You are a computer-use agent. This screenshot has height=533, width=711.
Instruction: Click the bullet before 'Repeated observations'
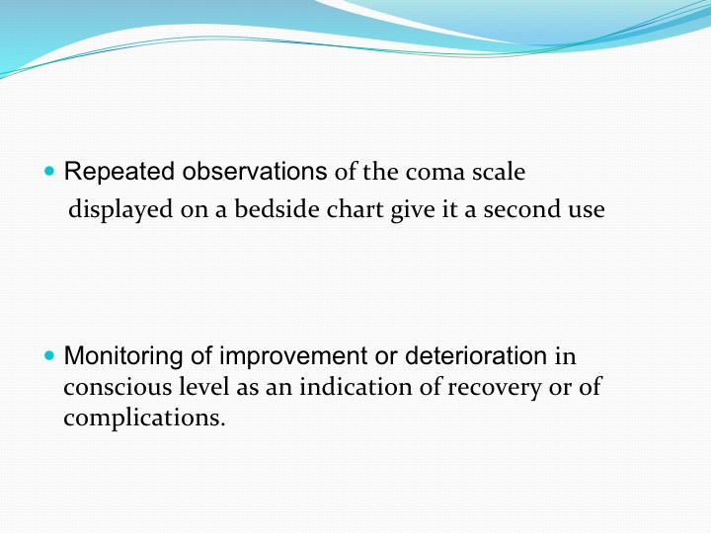49,172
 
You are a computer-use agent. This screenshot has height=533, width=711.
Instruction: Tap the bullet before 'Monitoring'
49,355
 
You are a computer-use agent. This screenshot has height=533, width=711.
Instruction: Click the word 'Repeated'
119,172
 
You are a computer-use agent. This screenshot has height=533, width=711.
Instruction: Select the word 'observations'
255,172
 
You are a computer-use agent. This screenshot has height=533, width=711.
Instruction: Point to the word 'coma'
435,172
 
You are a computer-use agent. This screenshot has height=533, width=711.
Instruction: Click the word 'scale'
499,172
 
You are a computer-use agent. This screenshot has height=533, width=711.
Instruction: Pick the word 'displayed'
120,210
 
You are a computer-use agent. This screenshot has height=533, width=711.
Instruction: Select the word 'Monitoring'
123,355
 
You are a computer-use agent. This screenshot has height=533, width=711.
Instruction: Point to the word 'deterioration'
476,355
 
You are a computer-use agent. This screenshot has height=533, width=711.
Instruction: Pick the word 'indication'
355,387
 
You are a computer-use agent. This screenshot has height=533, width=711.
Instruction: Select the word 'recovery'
495,389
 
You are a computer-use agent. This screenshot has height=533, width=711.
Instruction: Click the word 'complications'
144,418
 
